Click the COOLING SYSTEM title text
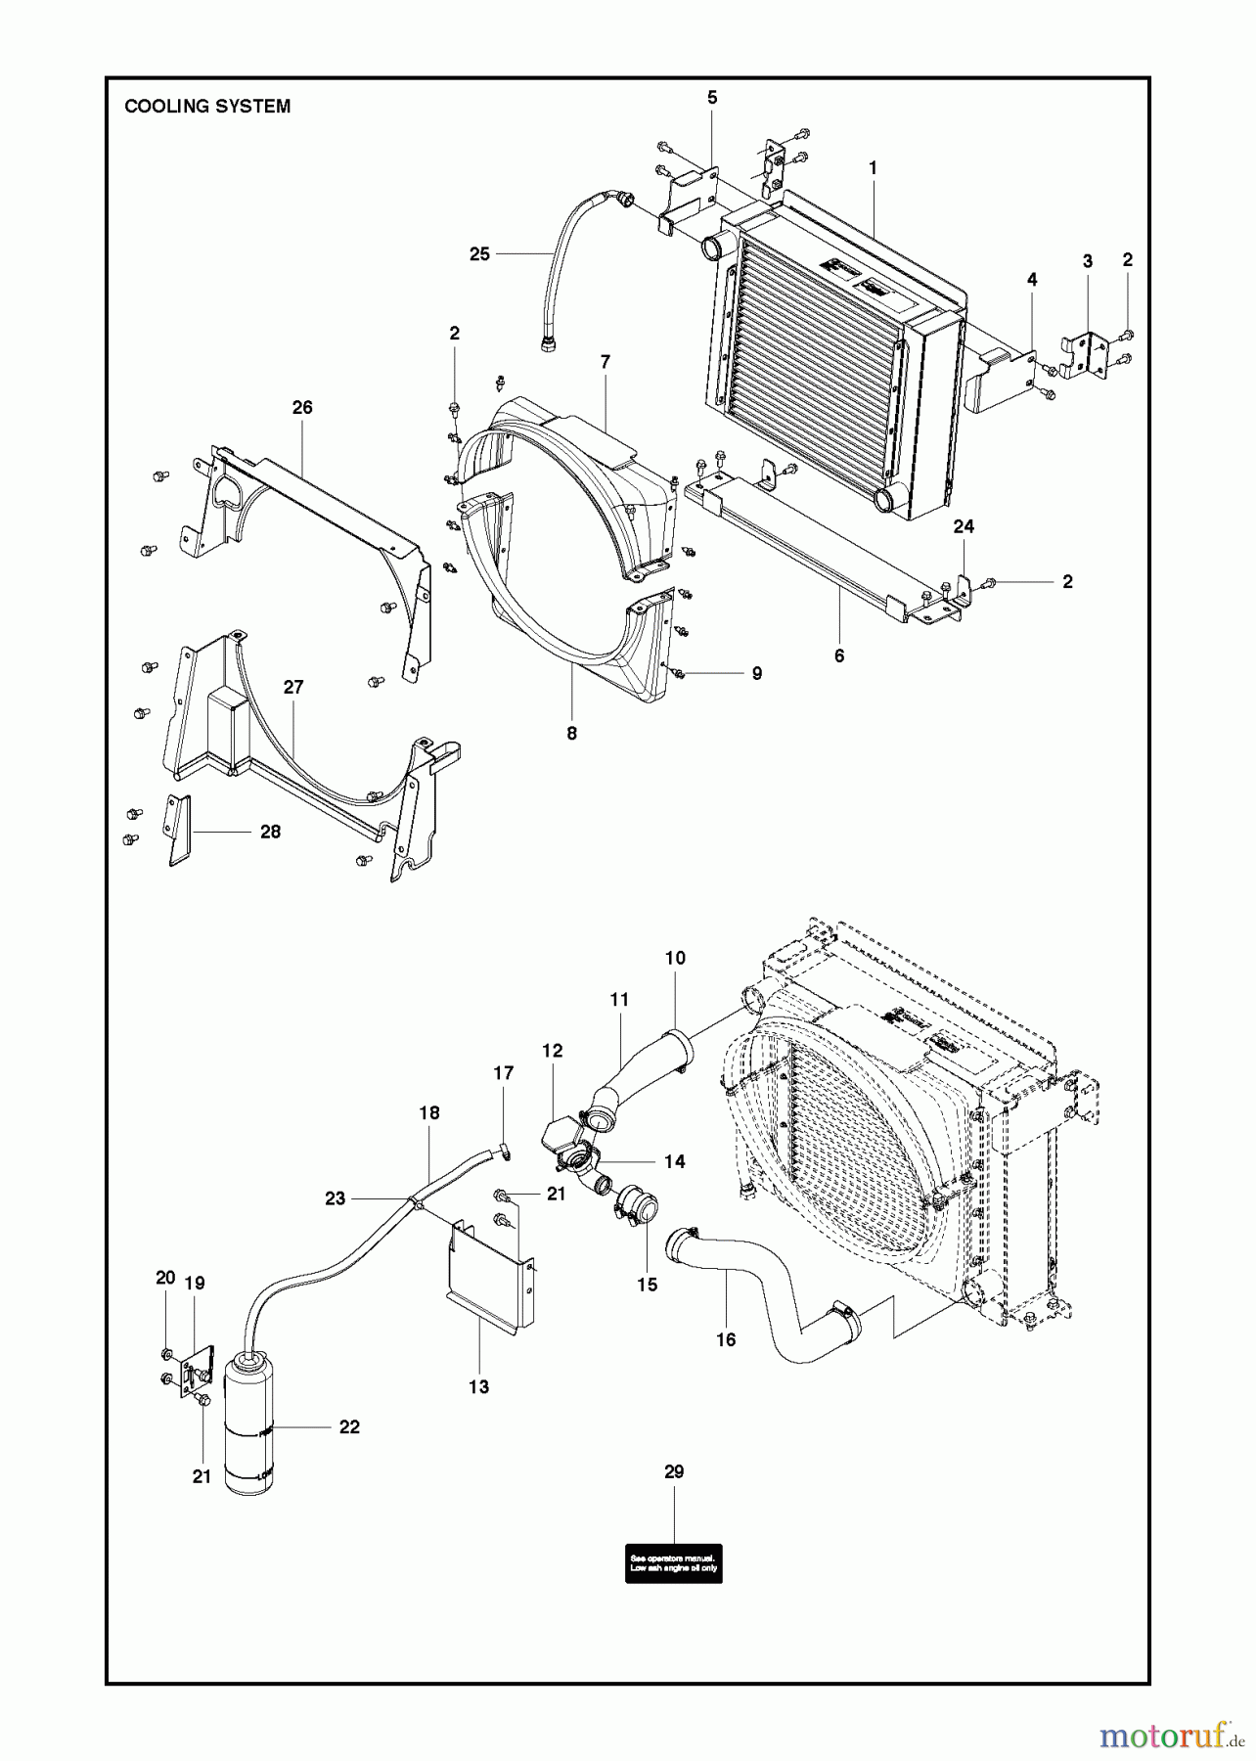coord(207,107)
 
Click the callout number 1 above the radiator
coord(873,168)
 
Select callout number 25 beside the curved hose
coord(479,254)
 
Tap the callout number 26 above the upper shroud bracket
coord(302,407)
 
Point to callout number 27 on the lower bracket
coord(293,687)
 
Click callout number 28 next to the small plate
coord(270,832)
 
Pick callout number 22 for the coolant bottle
coord(349,1427)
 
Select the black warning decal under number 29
coord(674,1561)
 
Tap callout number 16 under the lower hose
coord(725,1340)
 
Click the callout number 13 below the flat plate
coord(478,1386)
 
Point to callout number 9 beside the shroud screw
coord(756,673)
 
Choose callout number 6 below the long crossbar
coord(839,656)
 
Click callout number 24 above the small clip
coord(964,526)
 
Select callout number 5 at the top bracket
coord(712,97)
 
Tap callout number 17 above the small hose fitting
coord(503,1073)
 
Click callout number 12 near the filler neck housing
coord(552,1051)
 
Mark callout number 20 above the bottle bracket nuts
coord(165,1278)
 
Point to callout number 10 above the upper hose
coord(675,958)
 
